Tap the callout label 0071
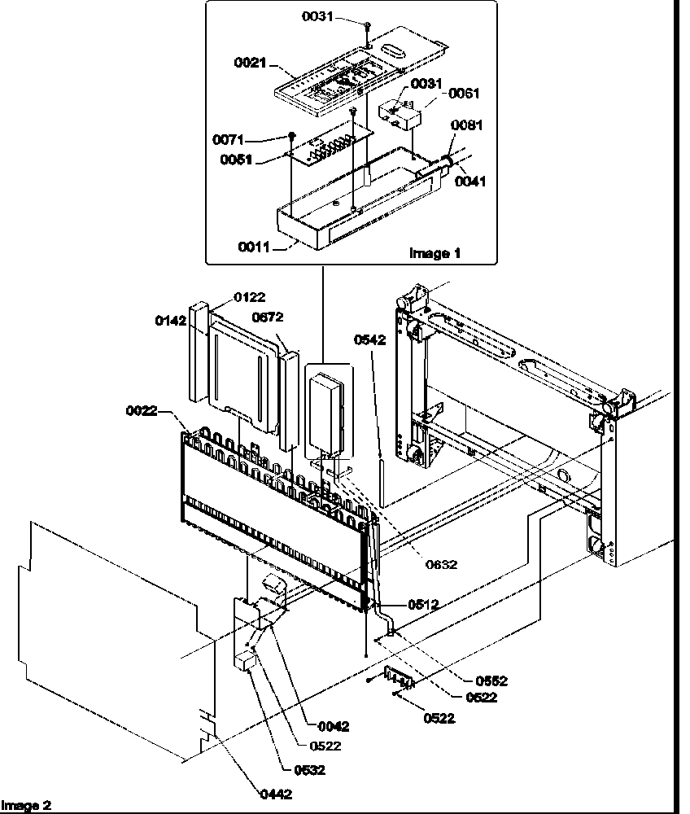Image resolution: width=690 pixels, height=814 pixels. [228, 140]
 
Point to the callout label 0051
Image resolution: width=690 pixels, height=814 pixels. [235, 160]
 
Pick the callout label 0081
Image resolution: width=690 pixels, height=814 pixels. [467, 125]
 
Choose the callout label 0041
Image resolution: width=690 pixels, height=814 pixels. [470, 182]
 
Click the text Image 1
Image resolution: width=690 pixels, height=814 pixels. [435, 253]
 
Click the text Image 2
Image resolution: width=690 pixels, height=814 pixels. [26, 805]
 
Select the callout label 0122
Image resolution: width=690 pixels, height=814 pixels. [250, 298]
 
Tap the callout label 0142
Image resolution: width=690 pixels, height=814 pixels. [171, 321]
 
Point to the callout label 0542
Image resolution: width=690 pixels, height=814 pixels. [369, 339]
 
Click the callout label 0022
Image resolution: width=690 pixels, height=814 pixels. [141, 411]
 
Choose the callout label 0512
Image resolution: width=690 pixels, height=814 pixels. [423, 604]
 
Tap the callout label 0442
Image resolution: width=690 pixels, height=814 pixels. [276, 794]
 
